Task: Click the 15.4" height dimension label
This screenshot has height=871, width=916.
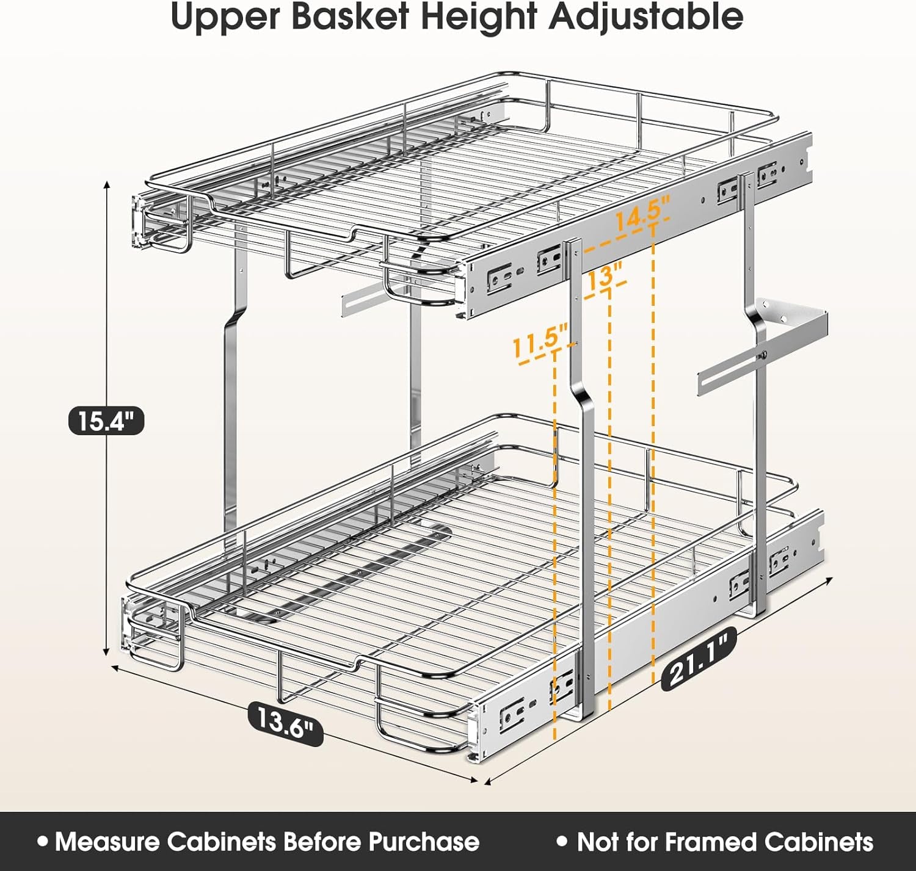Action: tap(106, 421)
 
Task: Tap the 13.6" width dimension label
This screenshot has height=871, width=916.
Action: tap(285, 721)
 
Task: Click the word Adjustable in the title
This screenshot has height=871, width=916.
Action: tap(645, 16)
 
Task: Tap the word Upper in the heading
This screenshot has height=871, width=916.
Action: tap(225, 16)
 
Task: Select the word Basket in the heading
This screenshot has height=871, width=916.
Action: tap(349, 16)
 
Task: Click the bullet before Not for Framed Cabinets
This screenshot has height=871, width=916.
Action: tap(562, 841)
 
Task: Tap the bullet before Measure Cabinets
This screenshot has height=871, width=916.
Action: tap(42, 841)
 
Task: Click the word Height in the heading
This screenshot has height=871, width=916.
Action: tap(479, 16)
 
